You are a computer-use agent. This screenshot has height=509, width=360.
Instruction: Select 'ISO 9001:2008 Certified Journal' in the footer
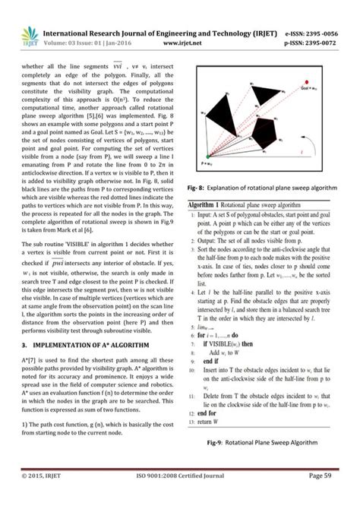click(180, 497)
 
